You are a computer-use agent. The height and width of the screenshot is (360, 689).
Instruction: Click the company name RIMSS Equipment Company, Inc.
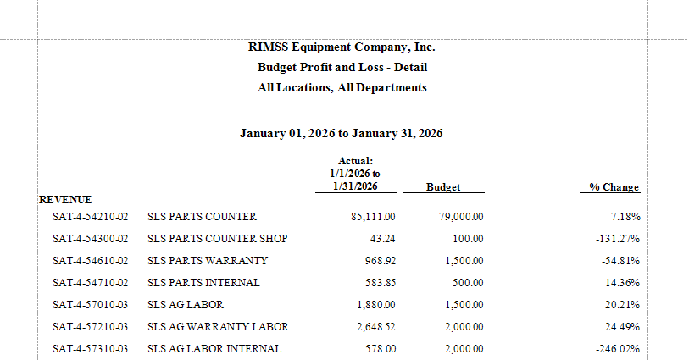[x=342, y=47]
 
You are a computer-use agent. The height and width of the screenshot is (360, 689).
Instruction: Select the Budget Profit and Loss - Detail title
[x=342, y=68]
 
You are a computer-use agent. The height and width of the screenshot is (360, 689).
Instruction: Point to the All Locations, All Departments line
[x=342, y=88]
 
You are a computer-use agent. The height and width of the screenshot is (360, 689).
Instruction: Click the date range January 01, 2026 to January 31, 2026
[x=342, y=134]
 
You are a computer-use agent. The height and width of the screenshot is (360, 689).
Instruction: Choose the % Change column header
[x=614, y=187]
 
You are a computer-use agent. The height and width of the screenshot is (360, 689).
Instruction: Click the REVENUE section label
[x=65, y=200]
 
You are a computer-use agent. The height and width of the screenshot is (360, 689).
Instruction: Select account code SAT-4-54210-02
[x=90, y=217]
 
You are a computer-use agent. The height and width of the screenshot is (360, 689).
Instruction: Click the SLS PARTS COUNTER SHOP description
[x=217, y=239]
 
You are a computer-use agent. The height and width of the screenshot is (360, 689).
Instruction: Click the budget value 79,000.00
[x=461, y=217]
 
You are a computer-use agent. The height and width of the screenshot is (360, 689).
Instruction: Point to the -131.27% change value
[x=618, y=239]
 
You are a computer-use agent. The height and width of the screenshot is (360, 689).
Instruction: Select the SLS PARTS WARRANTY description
[x=208, y=261]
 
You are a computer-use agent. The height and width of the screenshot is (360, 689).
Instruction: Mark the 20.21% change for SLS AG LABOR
[x=621, y=305]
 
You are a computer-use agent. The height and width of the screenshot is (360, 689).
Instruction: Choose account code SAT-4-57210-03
[x=90, y=327]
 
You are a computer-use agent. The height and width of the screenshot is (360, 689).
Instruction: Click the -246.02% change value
[x=618, y=349]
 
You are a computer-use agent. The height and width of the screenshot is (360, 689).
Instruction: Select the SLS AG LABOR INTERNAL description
[x=214, y=349]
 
